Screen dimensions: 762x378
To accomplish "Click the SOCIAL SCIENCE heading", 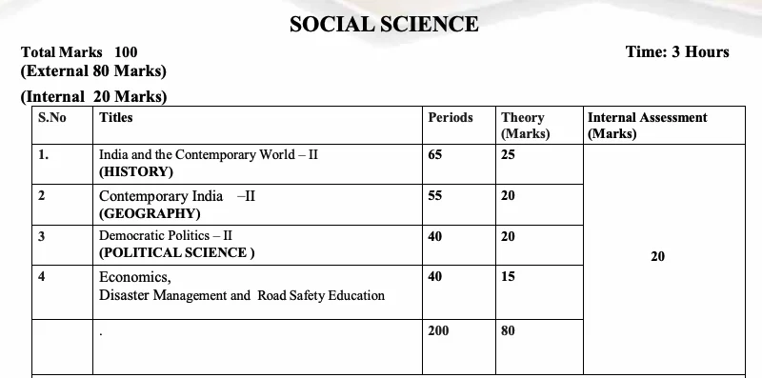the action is [x=384, y=24].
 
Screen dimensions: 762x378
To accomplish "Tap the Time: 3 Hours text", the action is [x=677, y=52].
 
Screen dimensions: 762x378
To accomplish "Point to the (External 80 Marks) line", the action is [x=93, y=71].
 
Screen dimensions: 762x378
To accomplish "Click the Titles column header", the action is [x=115, y=118].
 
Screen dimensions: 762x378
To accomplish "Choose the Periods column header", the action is [x=450, y=118].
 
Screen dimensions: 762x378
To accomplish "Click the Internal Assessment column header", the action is [x=647, y=118].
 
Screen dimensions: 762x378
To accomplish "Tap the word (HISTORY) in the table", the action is [x=136, y=172].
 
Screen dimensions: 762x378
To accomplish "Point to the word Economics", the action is [x=134, y=277].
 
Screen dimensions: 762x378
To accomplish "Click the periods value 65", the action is [x=435, y=154].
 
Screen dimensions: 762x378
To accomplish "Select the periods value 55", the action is [x=435, y=195].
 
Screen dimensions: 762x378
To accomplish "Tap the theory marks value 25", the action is [x=508, y=154].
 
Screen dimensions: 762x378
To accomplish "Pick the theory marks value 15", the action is [x=508, y=277].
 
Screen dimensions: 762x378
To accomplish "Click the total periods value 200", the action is [x=438, y=330].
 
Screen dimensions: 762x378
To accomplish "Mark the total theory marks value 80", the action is [x=508, y=330].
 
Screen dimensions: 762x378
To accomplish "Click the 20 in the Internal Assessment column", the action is [x=657, y=256].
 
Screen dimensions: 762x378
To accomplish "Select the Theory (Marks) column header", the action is [x=525, y=126].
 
